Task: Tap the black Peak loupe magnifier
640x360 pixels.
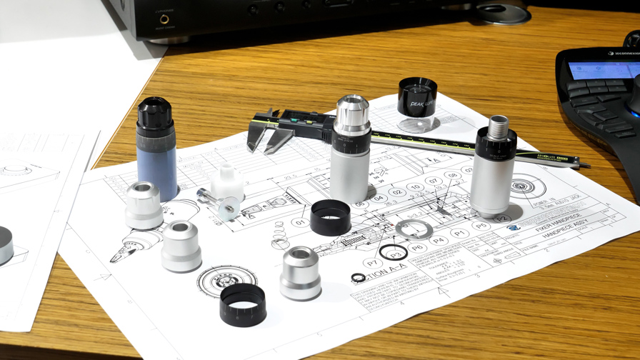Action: (x=417, y=100)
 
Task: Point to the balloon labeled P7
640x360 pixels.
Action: (x=372, y=263)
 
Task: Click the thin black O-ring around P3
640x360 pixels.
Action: (x=394, y=253)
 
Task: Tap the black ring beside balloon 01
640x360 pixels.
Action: (x=331, y=217)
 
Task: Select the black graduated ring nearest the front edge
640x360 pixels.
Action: (x=243, y=304)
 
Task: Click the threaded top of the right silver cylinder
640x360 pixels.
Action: (x=498, y=124)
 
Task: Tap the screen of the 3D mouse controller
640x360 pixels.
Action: (x=604, y=69)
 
